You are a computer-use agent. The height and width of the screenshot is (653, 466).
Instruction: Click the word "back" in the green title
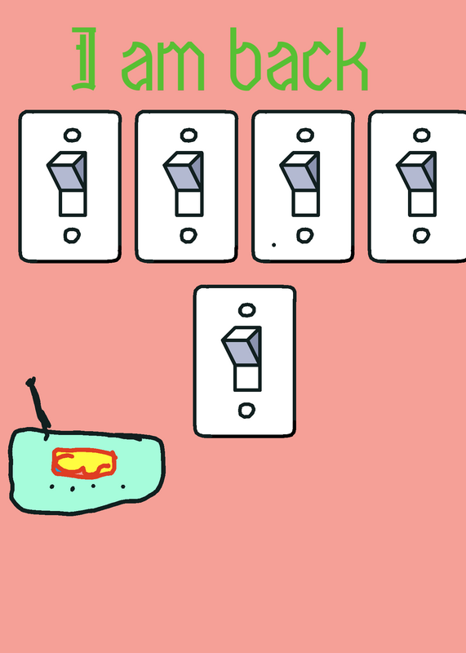299,59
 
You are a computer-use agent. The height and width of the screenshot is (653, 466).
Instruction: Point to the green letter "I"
84,59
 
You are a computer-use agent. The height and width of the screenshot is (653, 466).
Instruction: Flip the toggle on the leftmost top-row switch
68,183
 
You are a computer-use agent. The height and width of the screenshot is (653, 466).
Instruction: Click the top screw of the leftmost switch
73,135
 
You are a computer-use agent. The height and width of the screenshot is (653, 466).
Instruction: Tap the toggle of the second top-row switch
184,183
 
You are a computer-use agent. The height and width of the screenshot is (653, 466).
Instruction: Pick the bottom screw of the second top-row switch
189,236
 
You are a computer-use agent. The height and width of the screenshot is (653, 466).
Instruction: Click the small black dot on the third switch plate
273,245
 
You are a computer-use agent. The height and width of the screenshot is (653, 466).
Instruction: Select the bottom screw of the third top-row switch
305,236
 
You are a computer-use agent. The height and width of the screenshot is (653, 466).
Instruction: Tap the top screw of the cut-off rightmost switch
422,135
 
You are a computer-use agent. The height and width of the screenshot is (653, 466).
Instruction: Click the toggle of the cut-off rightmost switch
417,183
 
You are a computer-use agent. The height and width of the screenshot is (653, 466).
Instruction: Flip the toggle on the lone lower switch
242,358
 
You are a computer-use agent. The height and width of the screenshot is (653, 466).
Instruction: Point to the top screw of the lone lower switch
247,310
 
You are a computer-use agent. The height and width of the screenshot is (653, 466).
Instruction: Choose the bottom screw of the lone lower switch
247,411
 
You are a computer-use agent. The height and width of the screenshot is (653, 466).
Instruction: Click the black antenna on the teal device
38,406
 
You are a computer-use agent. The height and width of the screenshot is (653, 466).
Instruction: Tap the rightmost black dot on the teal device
123,486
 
